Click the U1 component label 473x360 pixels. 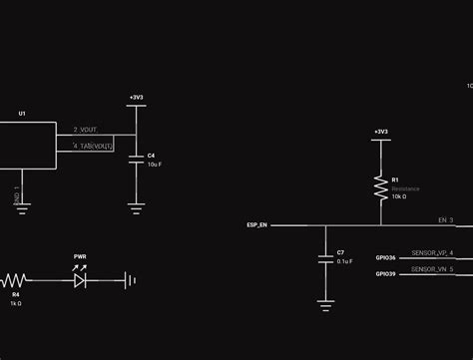coord(22,114)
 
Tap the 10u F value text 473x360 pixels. coord(154,164)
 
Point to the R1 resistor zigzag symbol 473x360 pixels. coord(380,186)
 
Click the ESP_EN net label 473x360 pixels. coord(256,225)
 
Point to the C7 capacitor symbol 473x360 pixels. coord(324,258)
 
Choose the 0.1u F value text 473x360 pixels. coord(343,261)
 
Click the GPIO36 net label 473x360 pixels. coord(385,258)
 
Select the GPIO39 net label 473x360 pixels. coord(385,273)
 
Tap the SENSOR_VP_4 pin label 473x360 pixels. coord(432,253)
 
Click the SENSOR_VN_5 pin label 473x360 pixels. coord(432,269)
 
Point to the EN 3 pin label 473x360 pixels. coord(445,219)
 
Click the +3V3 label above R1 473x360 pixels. coord(380,132)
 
